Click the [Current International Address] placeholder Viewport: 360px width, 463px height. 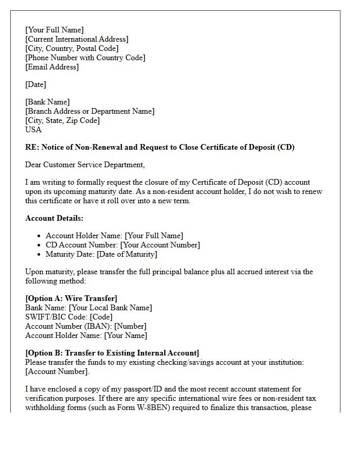pyautogui.click(x=77, y=39)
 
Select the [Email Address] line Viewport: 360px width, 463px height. pyautogui.click(x=52, y=67)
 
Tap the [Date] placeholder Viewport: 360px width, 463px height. pyautogui.click(x=35, y=84)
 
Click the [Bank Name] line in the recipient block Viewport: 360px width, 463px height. pyautogui.click(x=47, y=102)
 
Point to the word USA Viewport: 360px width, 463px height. pyautogui.click(x=33, y=130)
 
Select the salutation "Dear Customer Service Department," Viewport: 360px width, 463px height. pyautogui.click(x=85, y=165)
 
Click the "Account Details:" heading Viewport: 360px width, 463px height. pyautogui.click(x=54, y=218)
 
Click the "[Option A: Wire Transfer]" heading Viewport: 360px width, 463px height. pyautogui.click(x=71, y=298)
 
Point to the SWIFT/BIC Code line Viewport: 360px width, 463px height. pyautogui.click(x=69, y=317)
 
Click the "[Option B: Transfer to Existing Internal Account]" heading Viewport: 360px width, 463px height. pyautogui.click(x=112, y=353)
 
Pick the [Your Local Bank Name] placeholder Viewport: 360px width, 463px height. pyautogui.click(x=111, y=308)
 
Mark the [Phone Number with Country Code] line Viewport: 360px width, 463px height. pyautogui.click(x=85, y=58)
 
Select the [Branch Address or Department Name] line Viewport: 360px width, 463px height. pyautogui.click(x=89, y=111)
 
